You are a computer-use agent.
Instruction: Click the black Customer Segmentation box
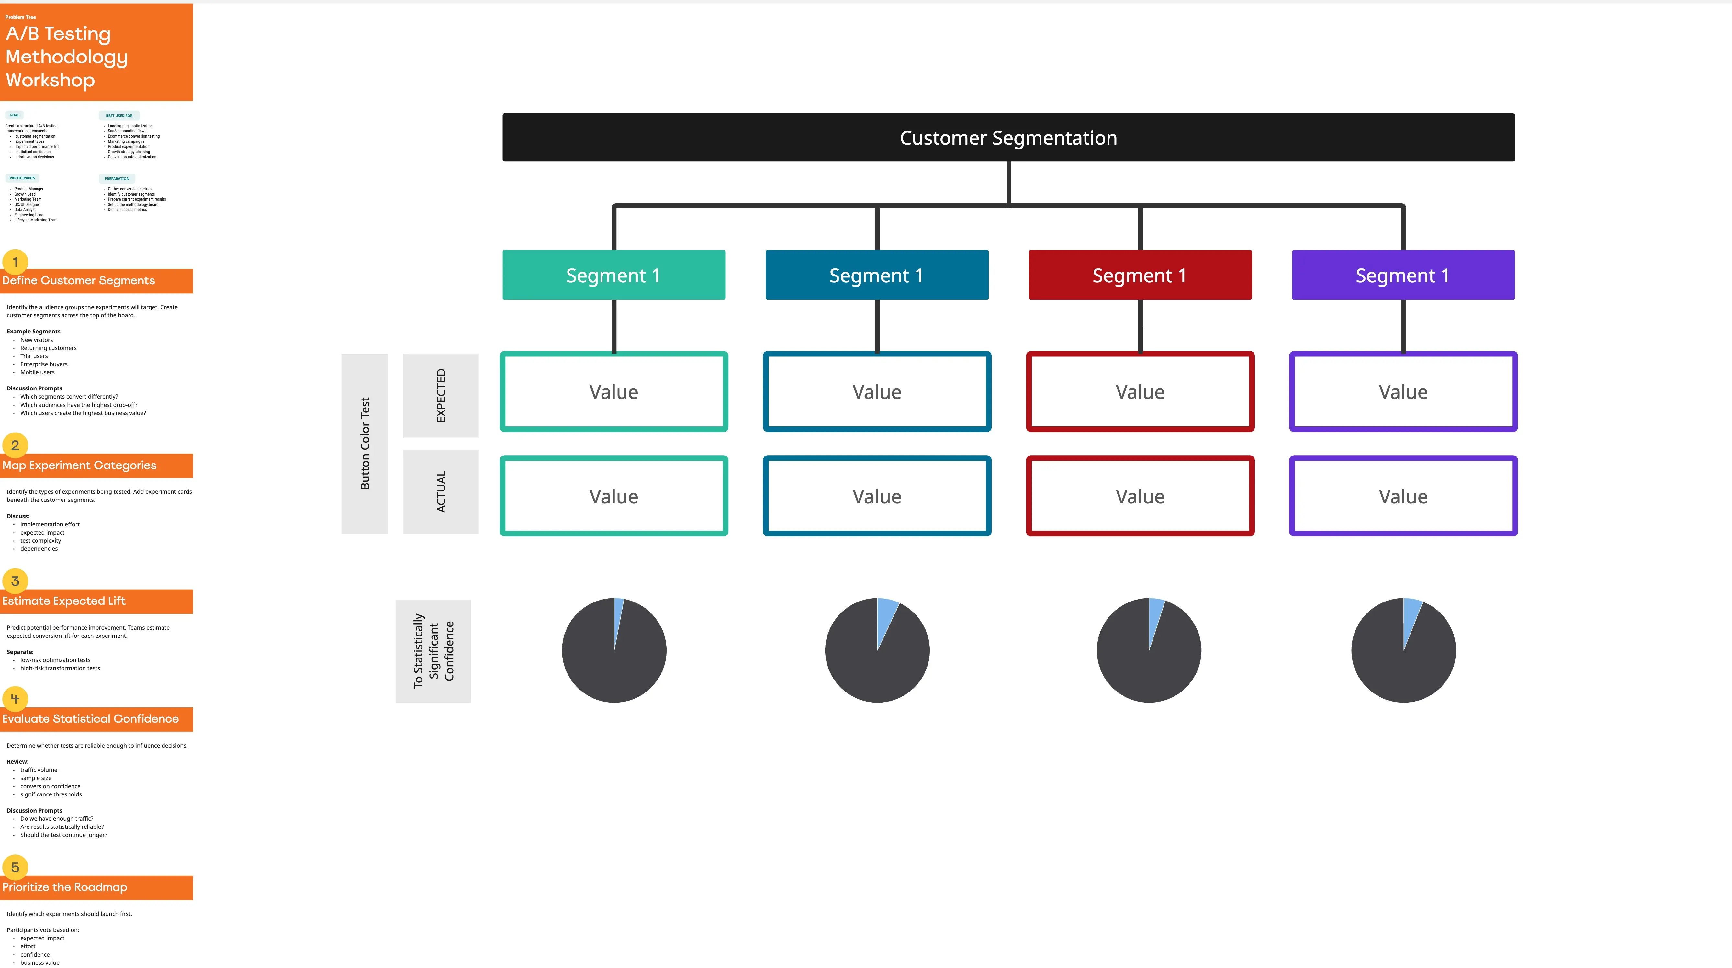pos(1008,137)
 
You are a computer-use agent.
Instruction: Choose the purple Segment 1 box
pos(1403,275)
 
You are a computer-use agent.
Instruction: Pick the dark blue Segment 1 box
pos(877,275)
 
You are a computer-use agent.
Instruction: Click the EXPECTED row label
pos(440,395)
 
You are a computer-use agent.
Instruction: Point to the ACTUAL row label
pos(440,491)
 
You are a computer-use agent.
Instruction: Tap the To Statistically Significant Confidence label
pos(433,651)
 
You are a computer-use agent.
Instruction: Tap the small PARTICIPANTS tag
pos(22,178)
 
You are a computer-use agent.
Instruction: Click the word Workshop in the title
pos(51,80)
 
